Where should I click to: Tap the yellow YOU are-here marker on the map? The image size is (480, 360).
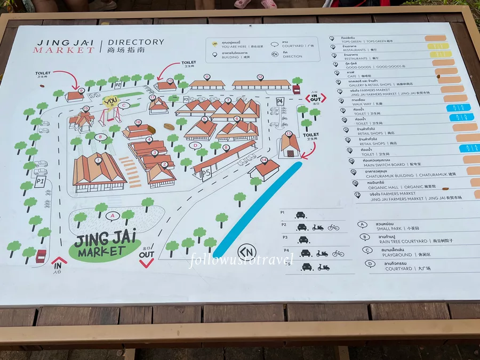tap(111, 101)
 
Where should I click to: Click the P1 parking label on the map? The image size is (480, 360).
tap(39, 182)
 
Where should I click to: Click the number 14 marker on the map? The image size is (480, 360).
tap(263, 159)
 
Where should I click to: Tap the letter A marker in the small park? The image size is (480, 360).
tap(112, 216)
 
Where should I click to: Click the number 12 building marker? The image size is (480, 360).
tap(260, 77)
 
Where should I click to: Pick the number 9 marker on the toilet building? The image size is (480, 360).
tap(81, 91)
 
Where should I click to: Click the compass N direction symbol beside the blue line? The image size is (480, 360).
tap(246, 251)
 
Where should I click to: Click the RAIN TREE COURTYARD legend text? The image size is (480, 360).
tap(402, 241)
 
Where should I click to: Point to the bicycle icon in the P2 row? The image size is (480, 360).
tap(333, 227)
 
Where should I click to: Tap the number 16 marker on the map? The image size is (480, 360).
tap(138, 122)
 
